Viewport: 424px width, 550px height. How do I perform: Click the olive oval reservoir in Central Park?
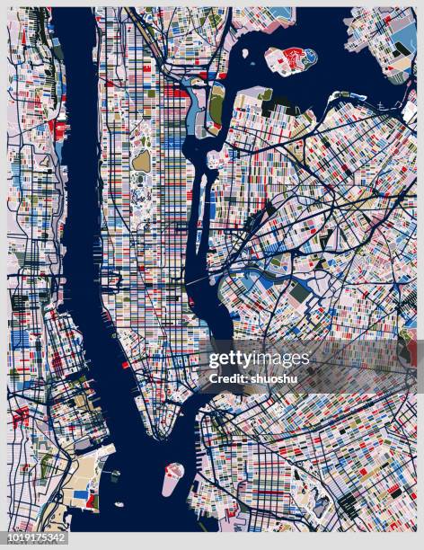(141, 161)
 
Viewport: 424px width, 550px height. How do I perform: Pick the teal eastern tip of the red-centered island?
(310, 56)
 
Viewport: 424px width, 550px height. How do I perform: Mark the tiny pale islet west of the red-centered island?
(245, 53)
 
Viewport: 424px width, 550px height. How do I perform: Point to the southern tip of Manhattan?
(159, 435)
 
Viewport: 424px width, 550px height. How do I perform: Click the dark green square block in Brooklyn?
(299, 293)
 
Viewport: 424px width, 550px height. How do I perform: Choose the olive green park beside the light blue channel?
(216, 104)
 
